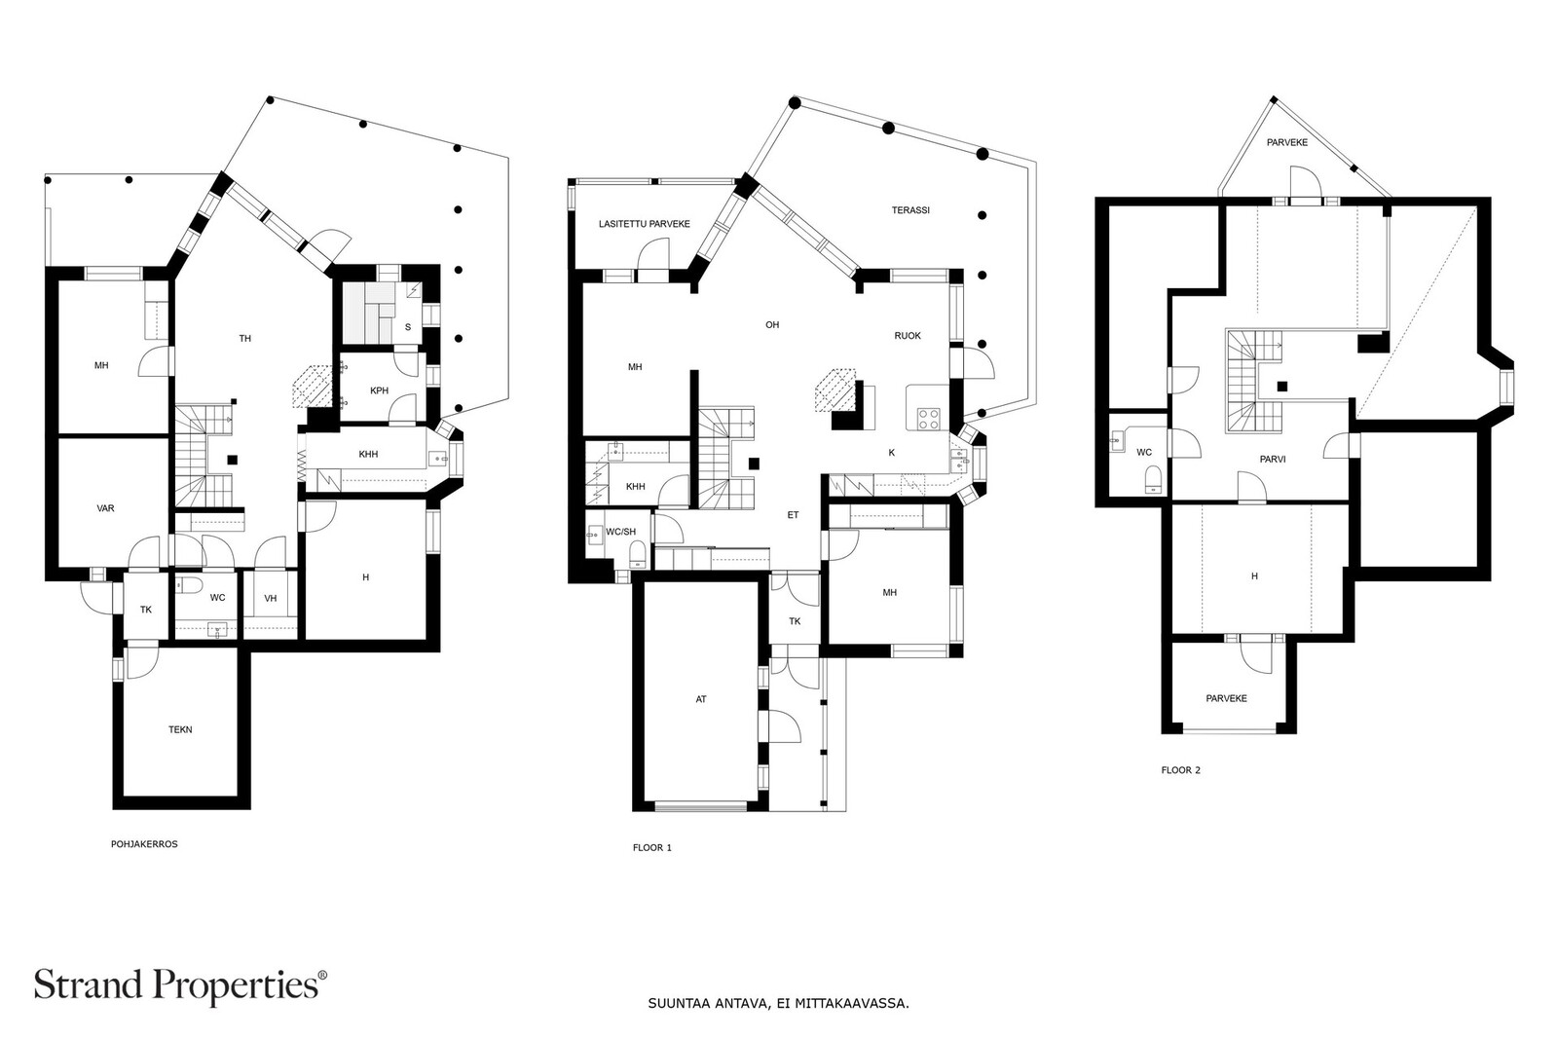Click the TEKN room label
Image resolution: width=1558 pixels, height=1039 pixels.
pyautogui.click(x=180, y=729)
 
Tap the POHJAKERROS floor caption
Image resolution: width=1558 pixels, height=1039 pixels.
pyautogui.click(x=144, y=844)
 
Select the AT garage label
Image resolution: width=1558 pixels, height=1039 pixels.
pyautogui.click(x=701, y=699)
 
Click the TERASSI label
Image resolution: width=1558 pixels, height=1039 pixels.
pyautogui.click(x=910, y=210)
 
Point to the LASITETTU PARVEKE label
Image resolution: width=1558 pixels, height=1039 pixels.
pyautogui.click(x=644, y=224)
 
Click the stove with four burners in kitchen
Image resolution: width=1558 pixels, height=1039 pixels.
pyautogui.click(x=928, y=420)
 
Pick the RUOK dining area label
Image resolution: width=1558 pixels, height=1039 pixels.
pyautogui.click(x=908, y=336)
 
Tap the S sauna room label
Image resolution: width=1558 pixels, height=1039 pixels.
pyautogui.click(x=407, y=327)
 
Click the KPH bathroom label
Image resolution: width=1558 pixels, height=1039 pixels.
pyautogui.click(x=380, y=390)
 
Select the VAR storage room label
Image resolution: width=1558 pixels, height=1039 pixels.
pyautogui.click(x=106, y=508)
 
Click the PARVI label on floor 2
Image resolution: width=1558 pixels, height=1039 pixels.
pyautogui.click(x=1273, y=459)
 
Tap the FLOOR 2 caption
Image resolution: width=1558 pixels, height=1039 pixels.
pyautogui.click(x=1180, y=770)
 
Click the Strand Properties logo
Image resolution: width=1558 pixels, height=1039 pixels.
pyautogui.click(x=180, y=984)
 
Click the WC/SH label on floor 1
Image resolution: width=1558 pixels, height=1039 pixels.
pyautogui.click(x=620, y=532)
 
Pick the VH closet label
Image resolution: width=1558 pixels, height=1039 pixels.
pyautogui.click(x=271, y=598)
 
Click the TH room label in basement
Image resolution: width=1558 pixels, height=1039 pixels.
pyautogui.click(x=245, y=339)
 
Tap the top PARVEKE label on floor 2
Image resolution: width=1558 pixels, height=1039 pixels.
pyautogui.click(x=1286, y=142)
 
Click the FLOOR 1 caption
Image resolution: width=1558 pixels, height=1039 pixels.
pyautogui.click(x=651, y=847)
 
